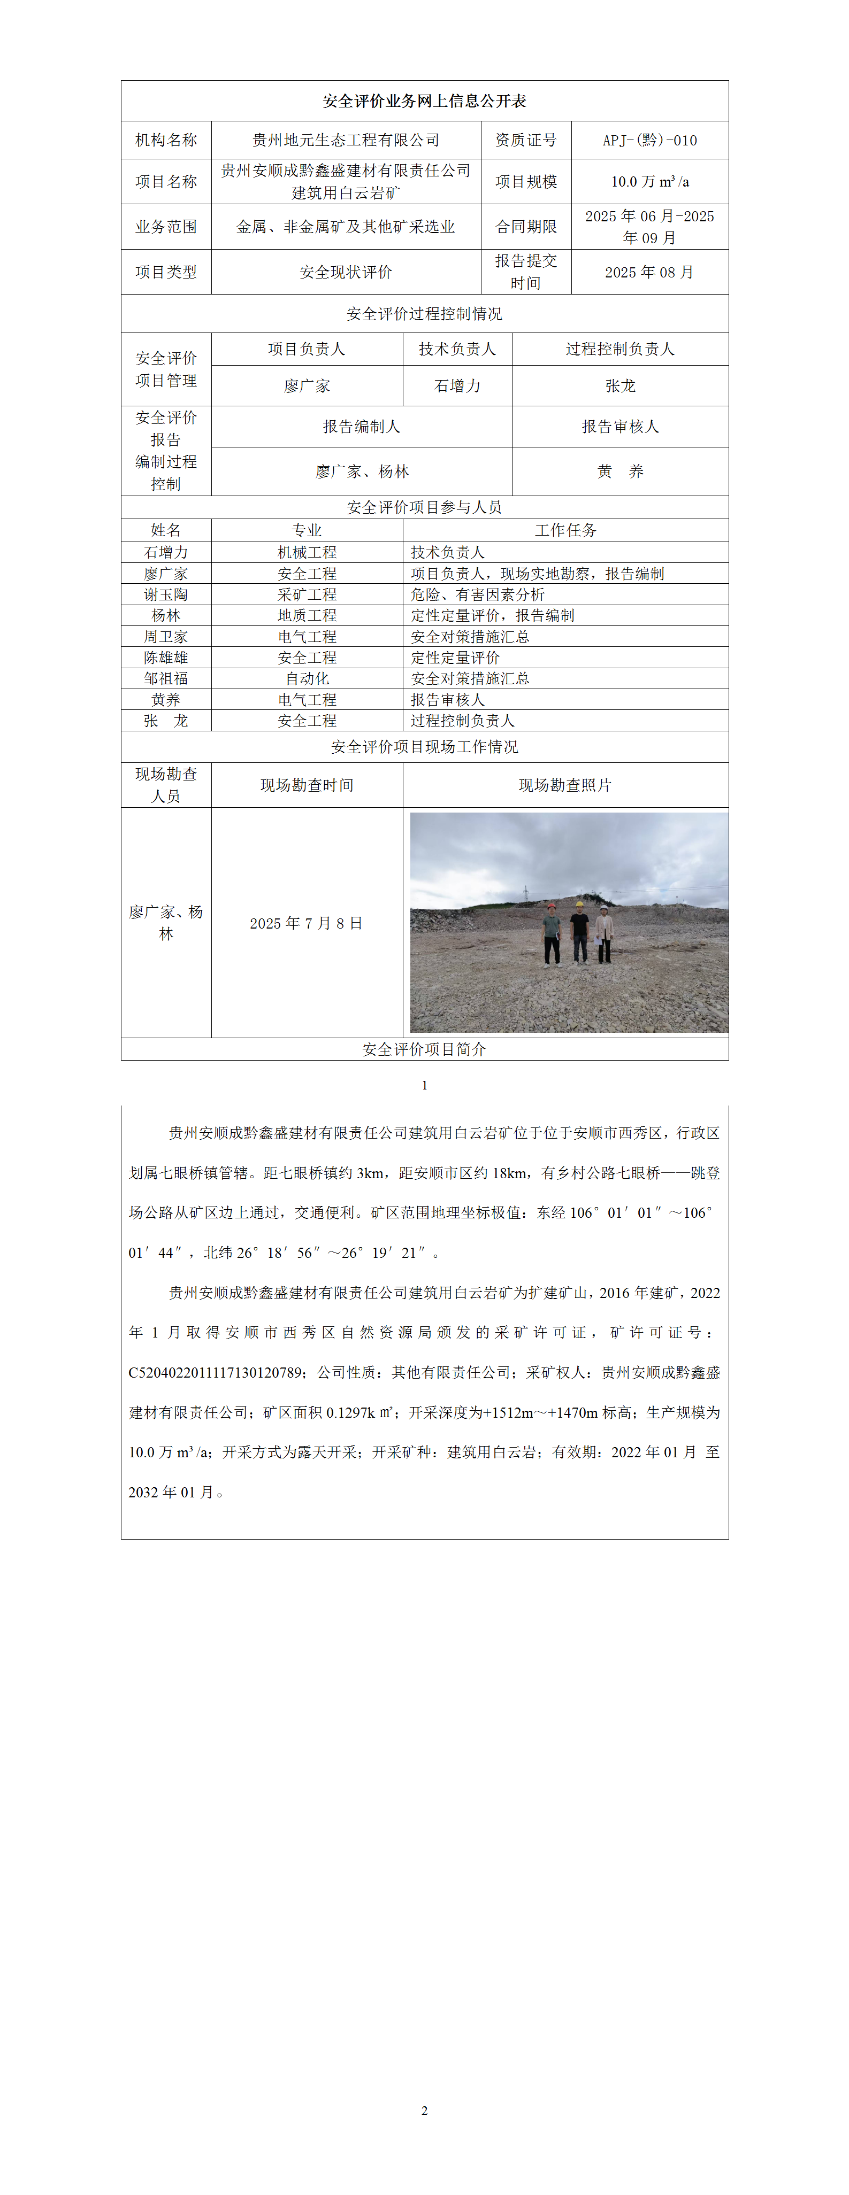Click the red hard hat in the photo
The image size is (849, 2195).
click(x=552, y=906)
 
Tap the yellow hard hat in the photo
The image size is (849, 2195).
click(x=579, y=903)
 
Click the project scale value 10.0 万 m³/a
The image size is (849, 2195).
click(x=649, y=182)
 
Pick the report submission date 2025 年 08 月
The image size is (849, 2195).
click(x=649, y=272)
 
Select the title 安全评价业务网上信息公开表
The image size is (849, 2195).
click(x=425, y=101)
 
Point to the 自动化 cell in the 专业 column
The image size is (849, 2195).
click(x=307, y=678)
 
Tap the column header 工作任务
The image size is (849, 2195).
click(x=565, y=530)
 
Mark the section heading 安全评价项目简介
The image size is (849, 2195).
click(x=425, y=1049)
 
